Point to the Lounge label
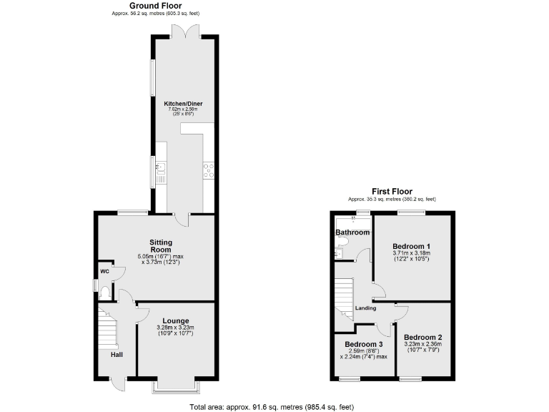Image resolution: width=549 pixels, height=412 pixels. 175,320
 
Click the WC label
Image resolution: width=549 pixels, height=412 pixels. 104,272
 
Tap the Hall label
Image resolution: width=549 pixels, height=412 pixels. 117,354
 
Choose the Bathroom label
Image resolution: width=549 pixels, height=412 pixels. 353,232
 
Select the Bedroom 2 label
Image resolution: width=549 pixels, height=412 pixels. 422,338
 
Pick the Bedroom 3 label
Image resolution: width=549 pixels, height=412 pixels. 364,343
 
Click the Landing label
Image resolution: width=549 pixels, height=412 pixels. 366,308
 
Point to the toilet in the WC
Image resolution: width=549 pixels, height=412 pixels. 105,293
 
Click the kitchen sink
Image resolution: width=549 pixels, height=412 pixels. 160,170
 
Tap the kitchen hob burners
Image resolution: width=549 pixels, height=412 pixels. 209,170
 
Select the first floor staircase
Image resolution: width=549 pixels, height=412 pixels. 344,293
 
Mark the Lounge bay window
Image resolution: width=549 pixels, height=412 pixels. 175,387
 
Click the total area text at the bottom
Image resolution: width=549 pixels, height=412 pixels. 272,406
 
